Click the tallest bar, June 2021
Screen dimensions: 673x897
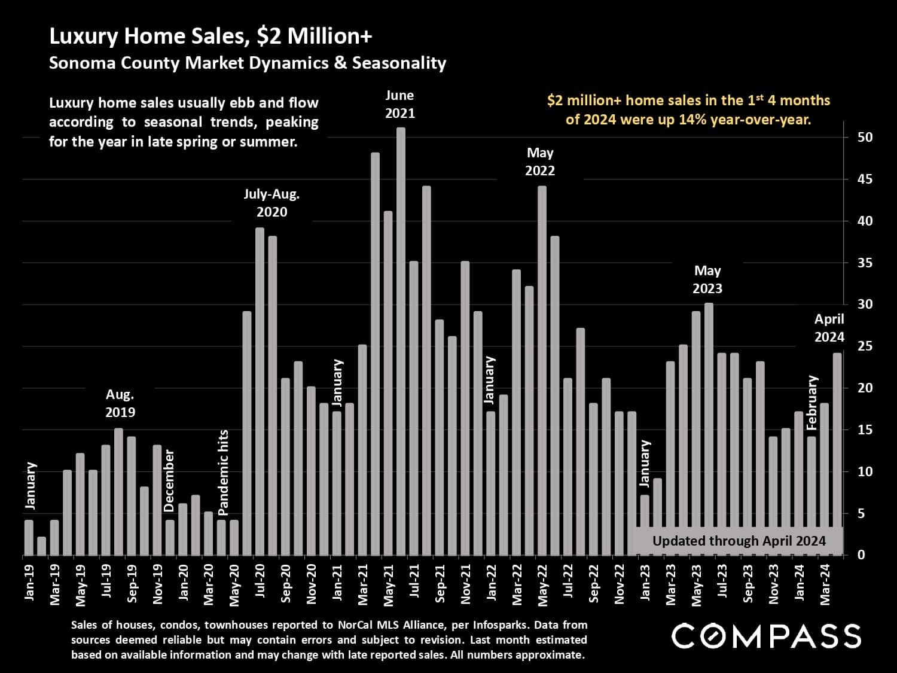coord(401,341)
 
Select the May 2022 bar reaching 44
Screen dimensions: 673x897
coord(542,371)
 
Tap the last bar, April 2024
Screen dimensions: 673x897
coord(837,455)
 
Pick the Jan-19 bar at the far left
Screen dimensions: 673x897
coord(29,538)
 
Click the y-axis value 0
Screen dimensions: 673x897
coord(861,555)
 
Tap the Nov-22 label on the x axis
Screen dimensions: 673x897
coord(620,584)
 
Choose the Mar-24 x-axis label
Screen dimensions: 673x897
coord(825,584)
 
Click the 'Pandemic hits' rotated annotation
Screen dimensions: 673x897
coord(223,473)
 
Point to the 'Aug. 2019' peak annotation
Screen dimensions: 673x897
coord(120,403)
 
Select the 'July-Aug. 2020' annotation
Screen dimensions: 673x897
coord(271,203)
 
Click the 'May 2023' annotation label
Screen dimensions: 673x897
coord(707,279)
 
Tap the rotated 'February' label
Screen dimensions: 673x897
coord(811,402)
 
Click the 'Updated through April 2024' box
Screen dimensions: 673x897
coord(739,541)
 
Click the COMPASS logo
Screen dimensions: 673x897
coord(766,636)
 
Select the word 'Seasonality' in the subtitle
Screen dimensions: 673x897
coord(399,63)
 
